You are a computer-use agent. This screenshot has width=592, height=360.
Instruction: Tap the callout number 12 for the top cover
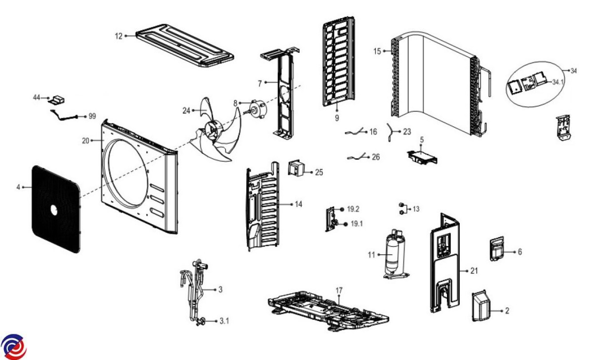point(119,36)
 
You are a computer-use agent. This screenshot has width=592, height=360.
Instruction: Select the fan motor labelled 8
point(257,109)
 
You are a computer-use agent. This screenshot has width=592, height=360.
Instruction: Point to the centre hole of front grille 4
point(54,210)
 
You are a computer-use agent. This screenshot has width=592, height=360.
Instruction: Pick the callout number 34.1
point(557,82)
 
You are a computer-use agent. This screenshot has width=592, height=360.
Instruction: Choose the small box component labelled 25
point(296,168)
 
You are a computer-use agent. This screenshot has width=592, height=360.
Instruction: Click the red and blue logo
point(13,347)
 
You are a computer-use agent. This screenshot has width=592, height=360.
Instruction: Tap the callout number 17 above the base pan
point(339,290)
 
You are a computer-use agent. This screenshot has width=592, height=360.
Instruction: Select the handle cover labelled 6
point(497,249)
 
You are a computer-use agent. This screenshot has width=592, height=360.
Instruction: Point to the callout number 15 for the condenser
point(377,51)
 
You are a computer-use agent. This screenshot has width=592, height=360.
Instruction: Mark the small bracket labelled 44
point(58,100)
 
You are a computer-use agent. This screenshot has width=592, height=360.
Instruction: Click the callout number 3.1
point(224,321)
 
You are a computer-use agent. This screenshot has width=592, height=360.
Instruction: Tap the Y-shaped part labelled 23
point(391,132)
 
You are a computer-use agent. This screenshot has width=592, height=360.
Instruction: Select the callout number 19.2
point(353,209)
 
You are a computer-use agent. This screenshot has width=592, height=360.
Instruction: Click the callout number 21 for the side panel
point(474,271)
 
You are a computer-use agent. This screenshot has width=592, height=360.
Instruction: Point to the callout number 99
point(92,116)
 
